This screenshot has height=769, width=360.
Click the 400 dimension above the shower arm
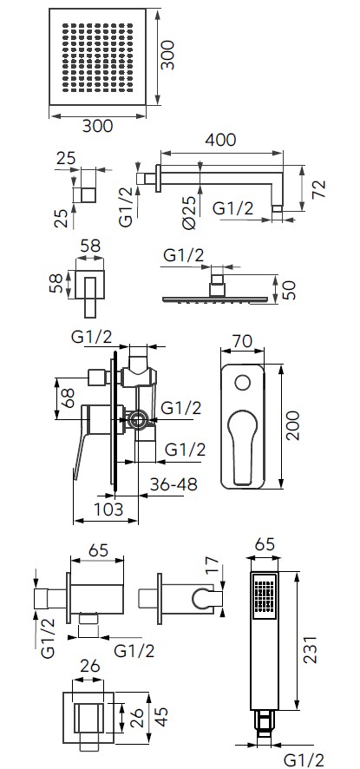point(220,140)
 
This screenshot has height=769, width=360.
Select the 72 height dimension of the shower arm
point(319,189)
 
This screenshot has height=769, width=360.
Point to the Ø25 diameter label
point(190,212)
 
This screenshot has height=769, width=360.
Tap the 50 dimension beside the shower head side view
point(290,291)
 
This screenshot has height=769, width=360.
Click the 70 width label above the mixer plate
point(242,340)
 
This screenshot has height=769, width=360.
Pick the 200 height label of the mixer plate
point(292,425)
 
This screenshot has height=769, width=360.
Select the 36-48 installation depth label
point(174,483)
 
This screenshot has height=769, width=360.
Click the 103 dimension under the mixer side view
point(108,509)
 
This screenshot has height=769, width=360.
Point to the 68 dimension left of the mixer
point(67,398)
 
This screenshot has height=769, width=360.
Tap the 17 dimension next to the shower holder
point(211,566)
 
